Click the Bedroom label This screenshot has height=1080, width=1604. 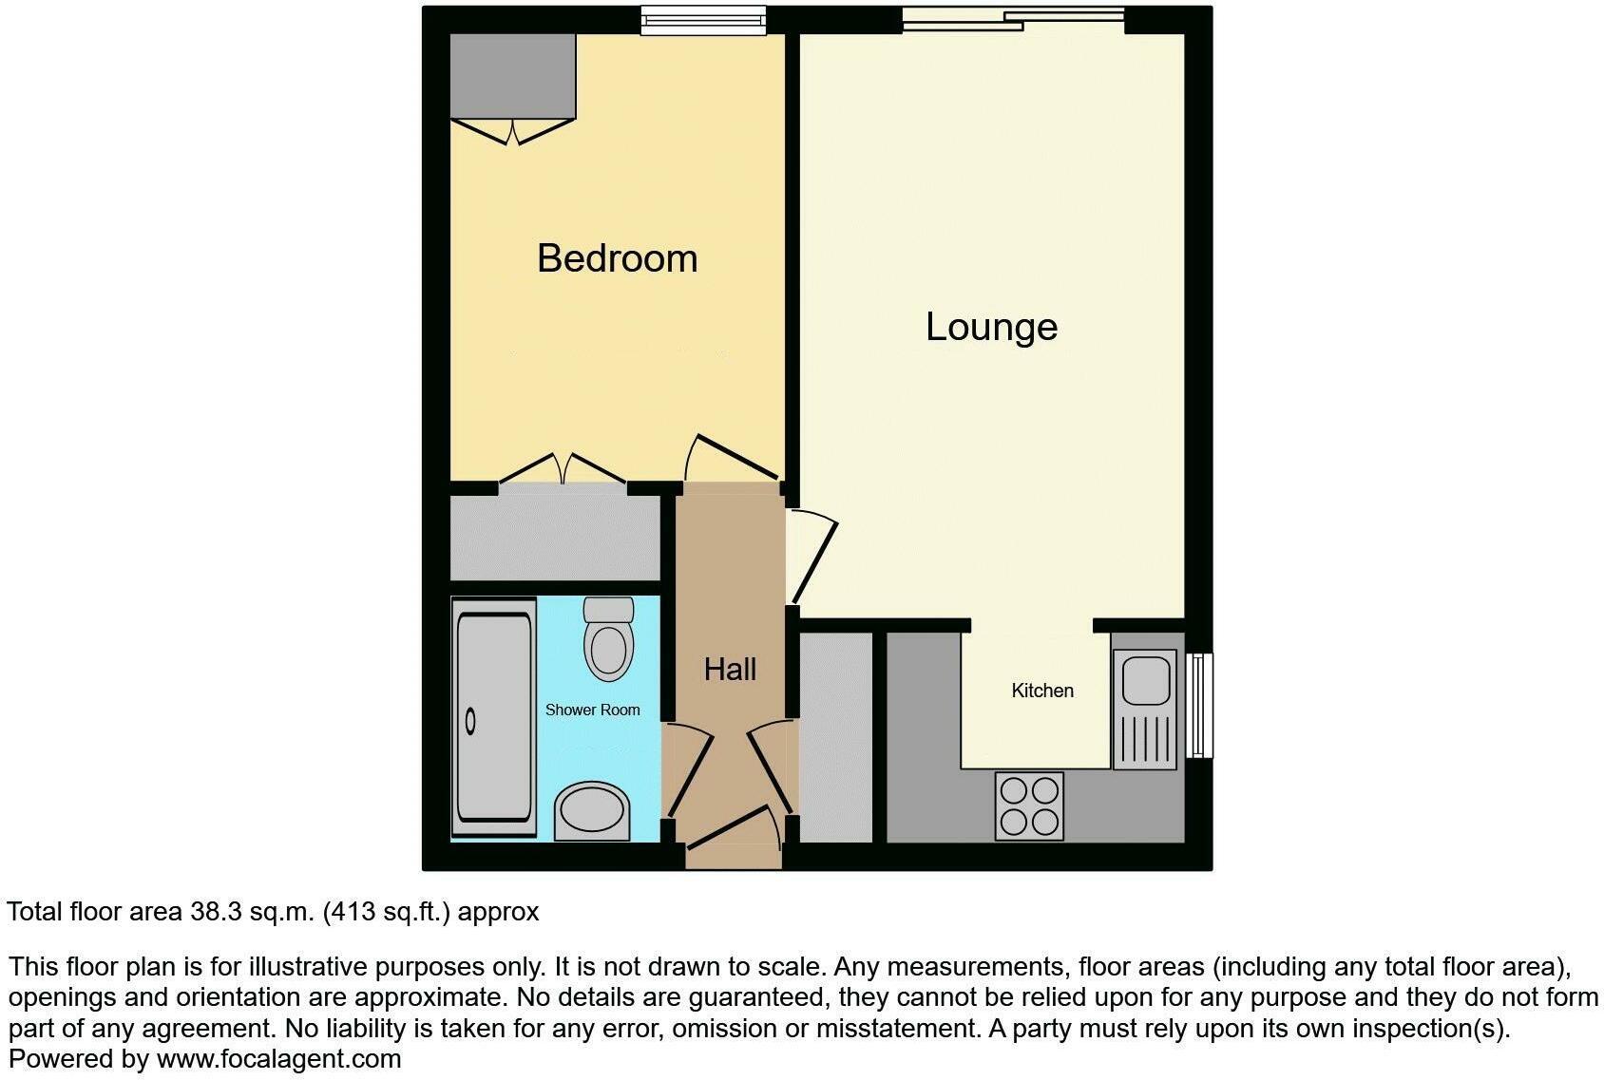(x=617, y=258)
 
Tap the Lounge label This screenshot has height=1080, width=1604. (x=991, y=327)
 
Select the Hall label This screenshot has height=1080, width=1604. (x=730, y=670)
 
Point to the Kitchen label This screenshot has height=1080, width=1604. (x=1042, y=691)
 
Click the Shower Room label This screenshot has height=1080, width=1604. (x=592, y=710)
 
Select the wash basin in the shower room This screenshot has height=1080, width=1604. (x=591, y=812)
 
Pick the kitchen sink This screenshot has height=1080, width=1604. (x=1145, y=709)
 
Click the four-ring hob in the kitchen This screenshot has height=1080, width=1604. (x=1029, y=805)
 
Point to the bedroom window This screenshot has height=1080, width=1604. (x=702, y=20)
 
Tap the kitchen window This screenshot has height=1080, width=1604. (x=1201, y=704)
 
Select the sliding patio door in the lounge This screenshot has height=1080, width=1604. (x=1013, y=18)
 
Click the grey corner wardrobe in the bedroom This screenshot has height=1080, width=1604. (x=513, y=76)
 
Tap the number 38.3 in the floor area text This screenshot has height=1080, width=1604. (x=216, y=912)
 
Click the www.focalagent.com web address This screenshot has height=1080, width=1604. (x=278, y=1058)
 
